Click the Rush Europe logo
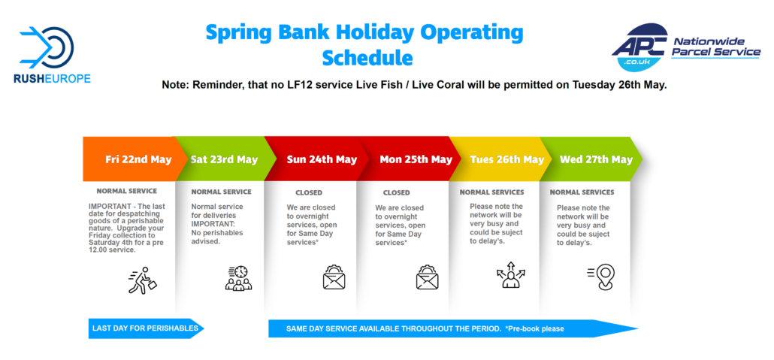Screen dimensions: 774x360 coord(53,54)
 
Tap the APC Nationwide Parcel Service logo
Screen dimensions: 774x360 coord(685,47)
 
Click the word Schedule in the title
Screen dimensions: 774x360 coord(367,58)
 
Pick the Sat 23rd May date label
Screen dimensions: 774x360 coord(224,159)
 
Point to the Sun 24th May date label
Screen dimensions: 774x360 coord(322,159)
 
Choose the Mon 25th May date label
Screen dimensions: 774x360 coord(416,159)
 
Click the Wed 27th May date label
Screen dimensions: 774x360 coord(596,159)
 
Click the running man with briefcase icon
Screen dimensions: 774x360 coord(143,280)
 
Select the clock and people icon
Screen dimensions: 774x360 coord(238,277)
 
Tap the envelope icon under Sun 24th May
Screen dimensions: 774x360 coord(334,277)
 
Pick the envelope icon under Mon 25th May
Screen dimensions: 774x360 coord(427,277)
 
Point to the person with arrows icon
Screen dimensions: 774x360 coord(510,274)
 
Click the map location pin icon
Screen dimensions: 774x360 coord(601,277)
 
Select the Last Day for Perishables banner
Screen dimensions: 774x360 coord(146,328)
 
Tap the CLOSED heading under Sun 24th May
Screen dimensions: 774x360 coord(309,192)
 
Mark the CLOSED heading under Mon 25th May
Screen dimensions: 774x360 coord(396,192)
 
